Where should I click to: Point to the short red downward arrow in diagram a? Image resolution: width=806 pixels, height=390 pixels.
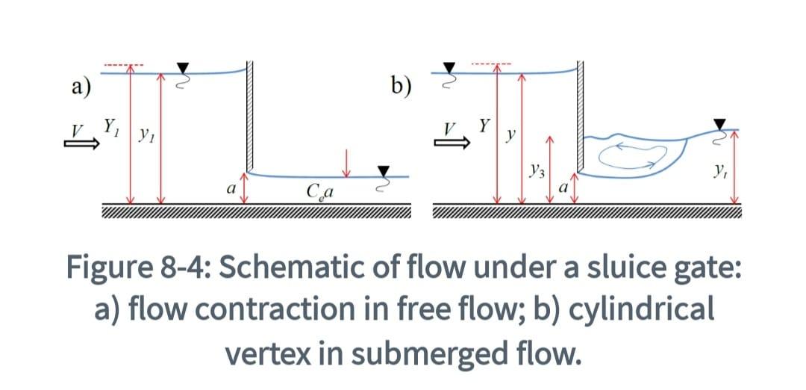(346, 162)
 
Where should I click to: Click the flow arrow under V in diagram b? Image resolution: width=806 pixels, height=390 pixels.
(454, 146)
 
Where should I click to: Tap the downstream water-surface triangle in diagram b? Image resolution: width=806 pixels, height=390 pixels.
(719, 123)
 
